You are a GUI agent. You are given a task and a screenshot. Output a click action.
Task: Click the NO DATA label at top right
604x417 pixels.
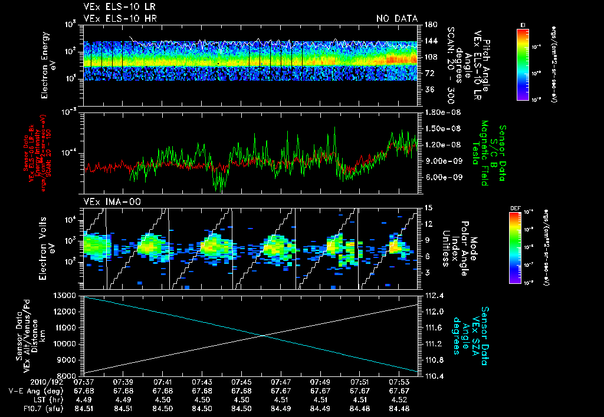(x=396, y=18)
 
